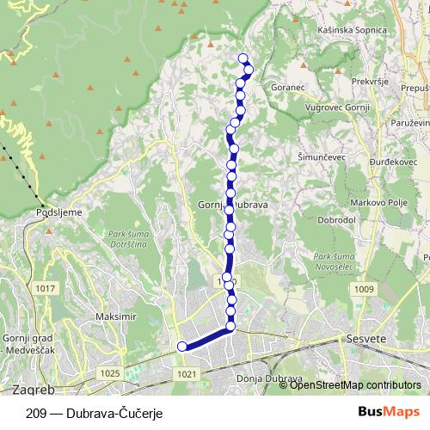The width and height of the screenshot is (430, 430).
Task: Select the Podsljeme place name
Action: point(58,209)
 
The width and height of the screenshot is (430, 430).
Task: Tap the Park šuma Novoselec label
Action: point(335,261)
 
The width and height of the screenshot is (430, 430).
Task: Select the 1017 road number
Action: point(46,287)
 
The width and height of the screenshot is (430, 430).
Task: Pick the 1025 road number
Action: point(109,372)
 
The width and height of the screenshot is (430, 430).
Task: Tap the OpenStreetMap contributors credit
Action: point(355,385)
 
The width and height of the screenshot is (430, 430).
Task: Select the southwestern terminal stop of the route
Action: point(181,346)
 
